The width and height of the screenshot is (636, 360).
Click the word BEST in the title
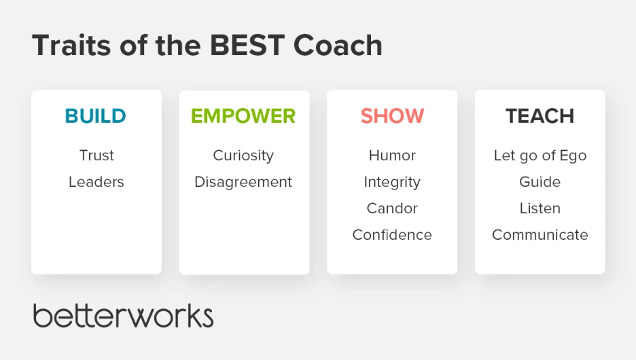pos(247,45)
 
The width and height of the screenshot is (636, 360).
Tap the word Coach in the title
pos(338,45)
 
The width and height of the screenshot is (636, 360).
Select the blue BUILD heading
pos(95,116)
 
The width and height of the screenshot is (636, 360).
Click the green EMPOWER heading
pos(243,116)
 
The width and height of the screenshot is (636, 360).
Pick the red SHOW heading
pos(392,116)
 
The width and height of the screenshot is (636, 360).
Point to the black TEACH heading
pos(540,116)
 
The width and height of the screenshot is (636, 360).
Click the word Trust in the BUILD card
pos(96,156)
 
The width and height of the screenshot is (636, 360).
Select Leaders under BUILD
pos(96,181)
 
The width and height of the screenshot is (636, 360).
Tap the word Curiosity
pos(243,156)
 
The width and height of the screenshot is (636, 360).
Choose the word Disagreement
pos(243,183)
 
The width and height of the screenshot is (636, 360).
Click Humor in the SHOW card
pos(392,156)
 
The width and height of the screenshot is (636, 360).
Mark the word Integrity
pos(392,183)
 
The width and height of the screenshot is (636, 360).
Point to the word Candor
pos(392,208)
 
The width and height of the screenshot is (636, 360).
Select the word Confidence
pos(392,234)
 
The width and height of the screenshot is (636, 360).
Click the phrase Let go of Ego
pos(540,156)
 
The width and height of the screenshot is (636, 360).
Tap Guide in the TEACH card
pos(540,181)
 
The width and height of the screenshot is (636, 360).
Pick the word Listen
pos(540,208)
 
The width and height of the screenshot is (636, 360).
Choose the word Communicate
pos(540,234)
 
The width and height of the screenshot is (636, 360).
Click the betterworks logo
pos(123,315)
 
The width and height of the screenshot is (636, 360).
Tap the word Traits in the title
pos(71,45)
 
